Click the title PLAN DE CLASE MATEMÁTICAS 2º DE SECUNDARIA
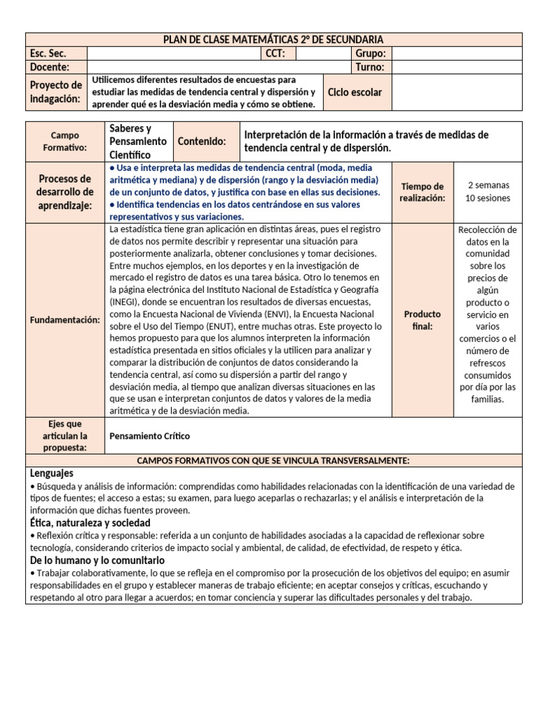tap(273, 40)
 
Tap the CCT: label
tap(279, 54)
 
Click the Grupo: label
tap(371, 54)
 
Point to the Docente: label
tap(50, 67)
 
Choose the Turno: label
tap(371, 67)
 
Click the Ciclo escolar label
tap(355, 92)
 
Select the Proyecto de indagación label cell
tap(56, 92)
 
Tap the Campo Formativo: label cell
tap(65, 142)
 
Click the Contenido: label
tap(202, 142)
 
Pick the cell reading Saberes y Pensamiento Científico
tap(138, 142)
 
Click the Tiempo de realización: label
tap(422, 192)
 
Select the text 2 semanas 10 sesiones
tap(489, 192)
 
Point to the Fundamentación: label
tap(65, 319)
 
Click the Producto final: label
tap(422, 320)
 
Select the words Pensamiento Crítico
tap(150, 436)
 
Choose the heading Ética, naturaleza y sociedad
tap(90, 523)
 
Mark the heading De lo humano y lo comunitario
tap(97, 560)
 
